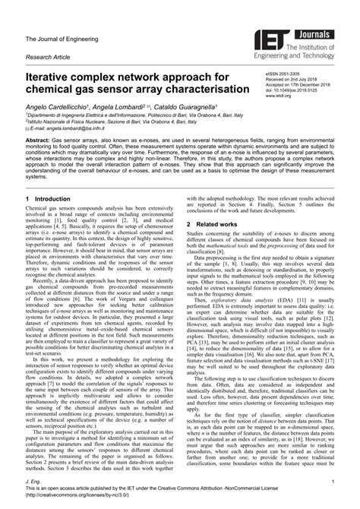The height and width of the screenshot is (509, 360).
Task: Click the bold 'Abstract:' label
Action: [x=40, y=142]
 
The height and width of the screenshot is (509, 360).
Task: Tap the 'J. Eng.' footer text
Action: [x=33, y=482]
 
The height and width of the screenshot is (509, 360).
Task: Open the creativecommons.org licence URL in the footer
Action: [x=84, y=498]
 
